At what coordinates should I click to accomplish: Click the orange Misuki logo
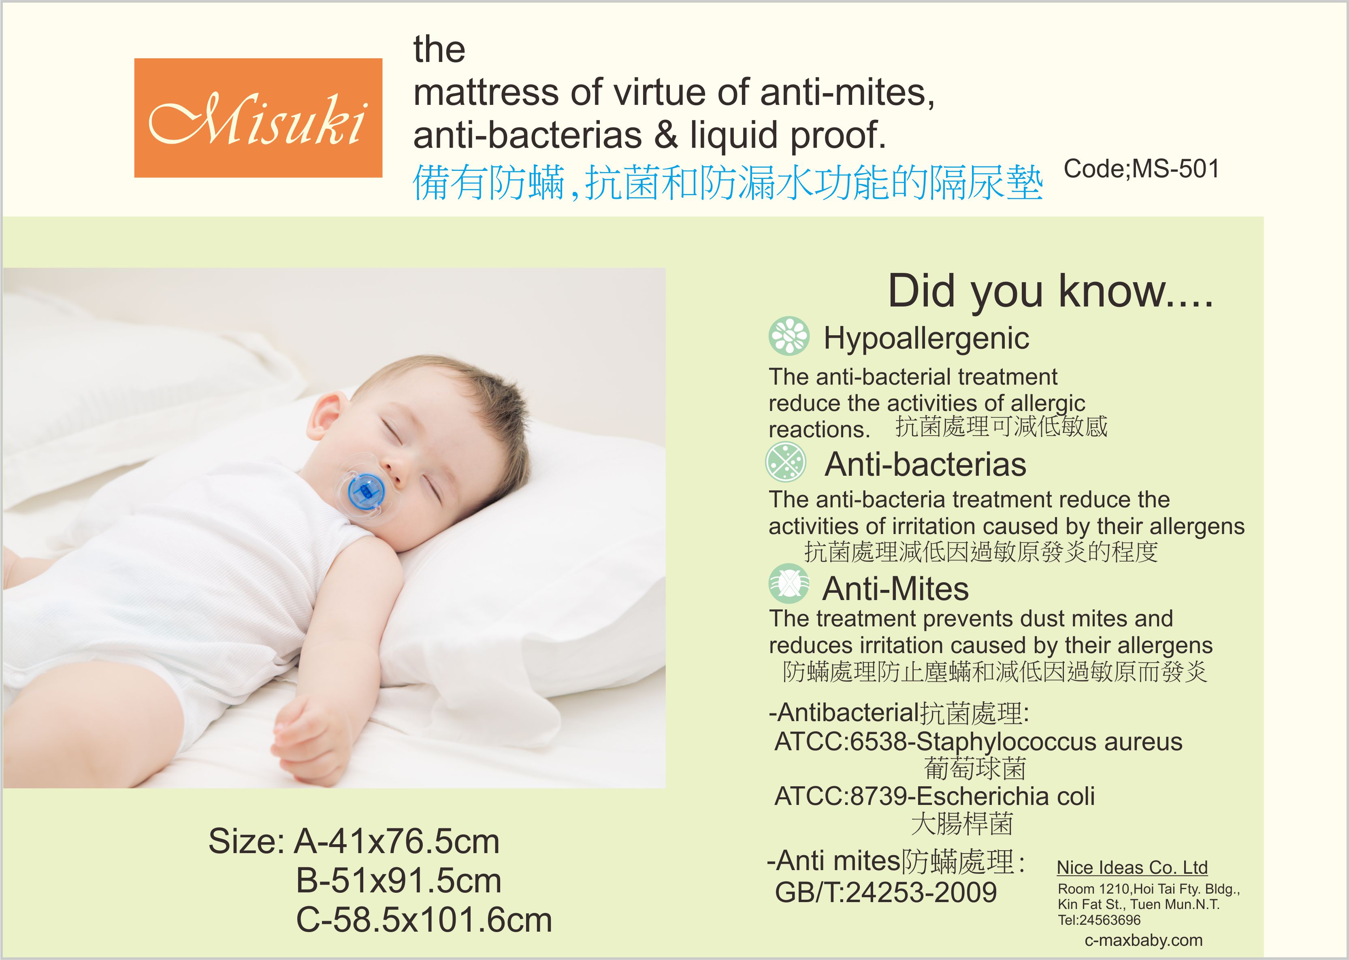(x=258, y=118)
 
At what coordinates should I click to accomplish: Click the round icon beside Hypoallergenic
(x=789, y=336)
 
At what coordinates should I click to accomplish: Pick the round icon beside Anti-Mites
(x=789, y=583)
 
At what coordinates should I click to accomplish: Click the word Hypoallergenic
(x=926, y=339)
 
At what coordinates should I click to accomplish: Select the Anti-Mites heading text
(x=895, y=589)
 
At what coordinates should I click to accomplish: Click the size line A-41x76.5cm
(x=396, y=841)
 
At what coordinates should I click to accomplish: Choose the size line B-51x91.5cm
(x=399, y=881)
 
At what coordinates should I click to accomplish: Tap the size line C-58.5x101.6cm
(x=424, y=920)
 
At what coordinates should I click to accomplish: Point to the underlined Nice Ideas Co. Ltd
(x=1132, y=867)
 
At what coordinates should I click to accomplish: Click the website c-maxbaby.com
(x=1143, y=940)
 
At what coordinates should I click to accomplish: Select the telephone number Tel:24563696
(x=1099, y=920)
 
